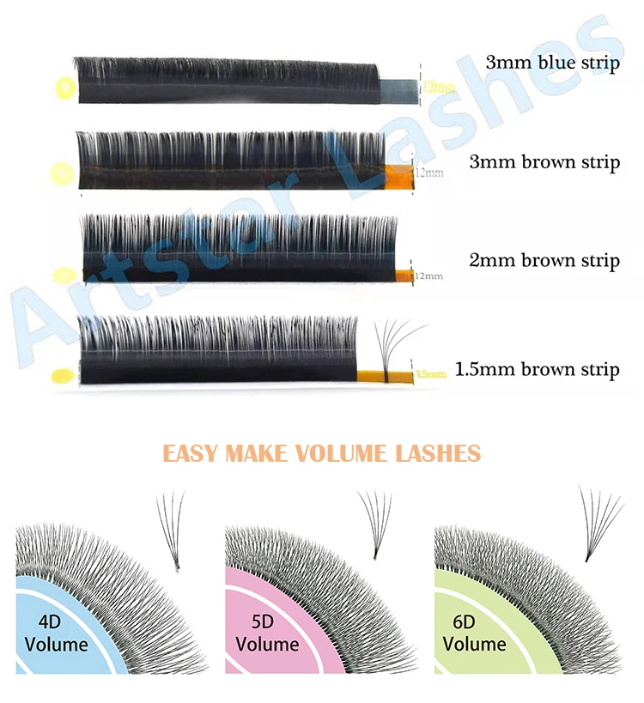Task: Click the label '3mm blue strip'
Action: (552, 64)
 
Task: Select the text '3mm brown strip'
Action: (544, 161)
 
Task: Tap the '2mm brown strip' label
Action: (544, 260)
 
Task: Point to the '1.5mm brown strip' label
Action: (537, 370)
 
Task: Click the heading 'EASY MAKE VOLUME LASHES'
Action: (322, 452)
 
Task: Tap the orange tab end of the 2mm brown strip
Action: (400, 275)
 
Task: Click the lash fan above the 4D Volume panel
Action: (171, 528)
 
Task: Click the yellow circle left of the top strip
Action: (63, 87)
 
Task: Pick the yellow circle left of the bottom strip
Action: (63, 376)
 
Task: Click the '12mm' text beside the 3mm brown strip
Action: (428, 173)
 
